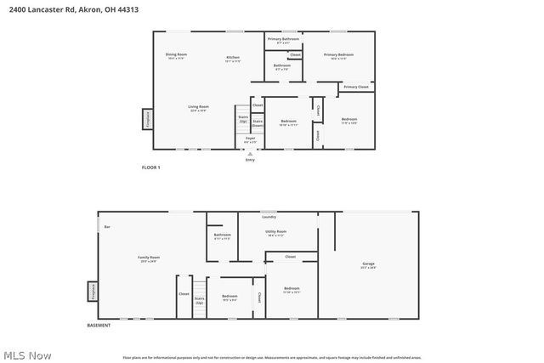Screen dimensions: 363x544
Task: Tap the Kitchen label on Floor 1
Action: tap(233, 59)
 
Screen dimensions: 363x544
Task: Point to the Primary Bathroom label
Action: tap(282, 40)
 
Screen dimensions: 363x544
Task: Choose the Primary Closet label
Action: tap(356, 87)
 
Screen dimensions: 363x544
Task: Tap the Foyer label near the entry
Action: tap(251, 139)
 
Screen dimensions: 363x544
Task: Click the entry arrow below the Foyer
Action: tap(250, 154)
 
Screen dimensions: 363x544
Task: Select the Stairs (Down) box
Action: tap(257, 122)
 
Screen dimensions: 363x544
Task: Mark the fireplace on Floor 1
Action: tap(147, 119)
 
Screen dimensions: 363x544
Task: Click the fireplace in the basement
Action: tap(92, 291)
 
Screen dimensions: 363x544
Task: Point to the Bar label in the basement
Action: tap(107, 227)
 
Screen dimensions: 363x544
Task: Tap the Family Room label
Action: tap(149, 258)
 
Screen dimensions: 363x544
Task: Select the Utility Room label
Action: tap(276, 232)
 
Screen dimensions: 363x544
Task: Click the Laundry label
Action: tap(269, 217)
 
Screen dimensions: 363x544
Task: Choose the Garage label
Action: tap(368, 264)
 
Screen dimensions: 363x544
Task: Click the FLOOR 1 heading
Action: tap(150, 167)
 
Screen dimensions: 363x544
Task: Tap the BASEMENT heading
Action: tap(99, 326)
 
